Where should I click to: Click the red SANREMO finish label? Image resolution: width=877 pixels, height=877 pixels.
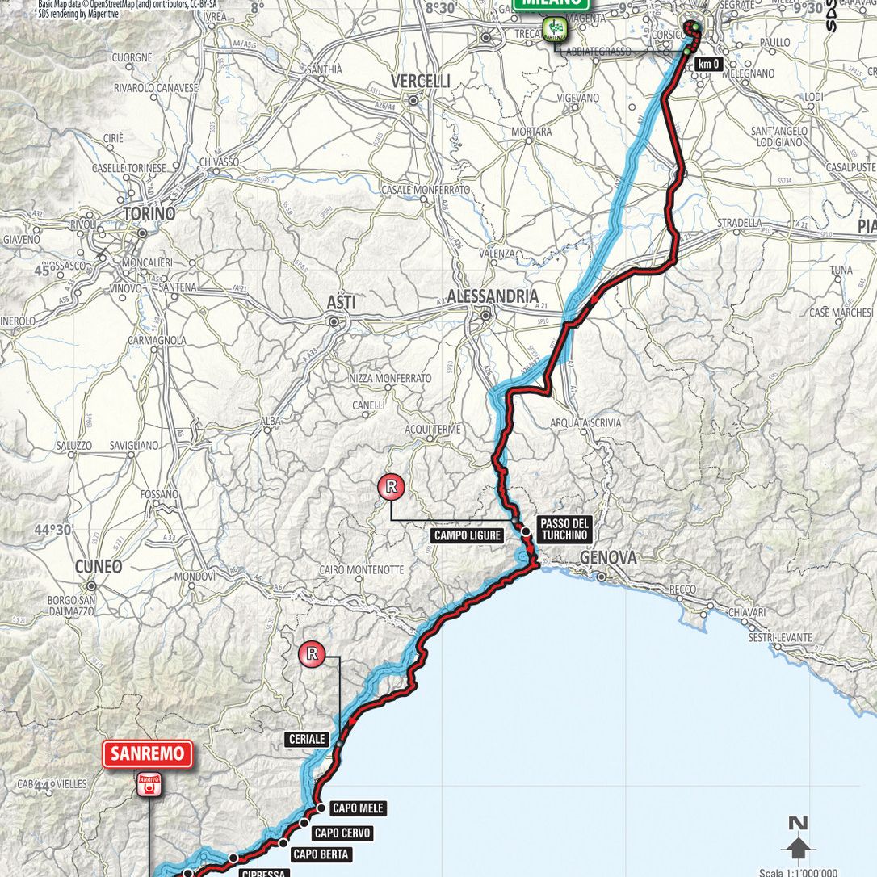pos(148,754)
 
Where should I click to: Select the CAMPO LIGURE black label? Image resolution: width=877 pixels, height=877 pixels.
pos(468,535)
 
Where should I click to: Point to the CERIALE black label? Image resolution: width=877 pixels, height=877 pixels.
pos(306,739)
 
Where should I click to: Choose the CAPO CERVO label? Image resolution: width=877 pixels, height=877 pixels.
pos(342,833)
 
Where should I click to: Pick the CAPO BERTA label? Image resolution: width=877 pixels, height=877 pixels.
pos(321,854)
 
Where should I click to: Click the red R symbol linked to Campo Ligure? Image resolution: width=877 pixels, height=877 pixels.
pos(391,486)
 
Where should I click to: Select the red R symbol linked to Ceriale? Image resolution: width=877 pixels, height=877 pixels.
pos(312,654)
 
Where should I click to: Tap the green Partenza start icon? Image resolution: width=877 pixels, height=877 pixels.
pos(556,31)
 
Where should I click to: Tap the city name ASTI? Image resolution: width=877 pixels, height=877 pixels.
pos(341,301)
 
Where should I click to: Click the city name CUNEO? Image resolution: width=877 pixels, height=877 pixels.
pos(99,566)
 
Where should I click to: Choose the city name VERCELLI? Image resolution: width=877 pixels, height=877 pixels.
pos(420,82)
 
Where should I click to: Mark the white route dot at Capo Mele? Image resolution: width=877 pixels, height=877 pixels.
pos(320,808)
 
